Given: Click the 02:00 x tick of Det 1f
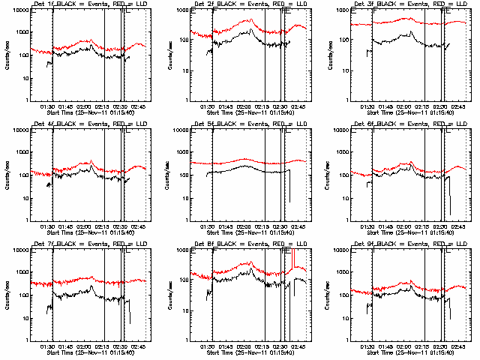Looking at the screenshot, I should (x=83, y=106).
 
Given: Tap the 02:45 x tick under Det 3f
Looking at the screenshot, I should (x=457, y=106).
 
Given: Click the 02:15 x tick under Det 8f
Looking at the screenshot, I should (x=262, y=346).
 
